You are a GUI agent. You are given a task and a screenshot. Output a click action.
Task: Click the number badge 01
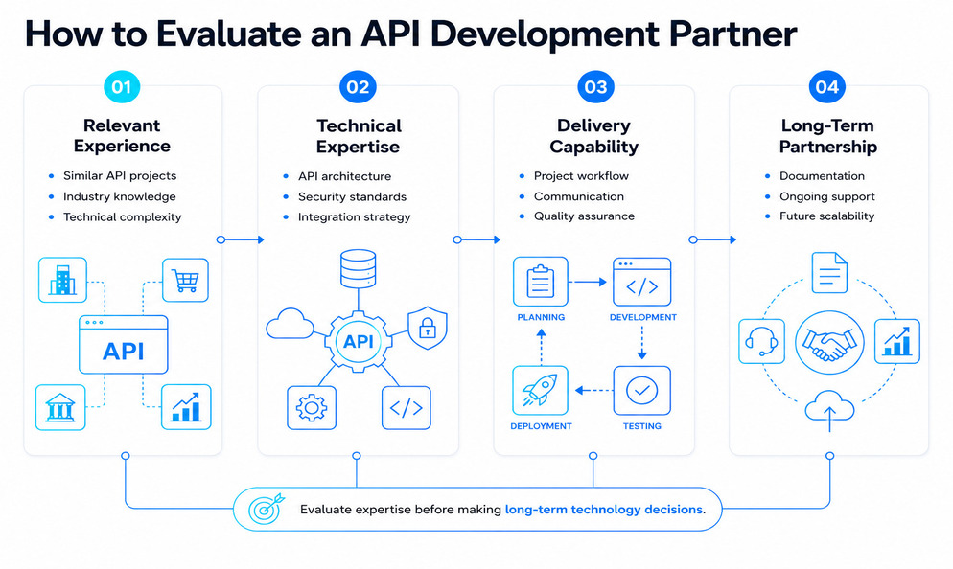(x=122, y=87)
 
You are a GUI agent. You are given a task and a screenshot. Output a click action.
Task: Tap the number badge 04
(x=827, y=87)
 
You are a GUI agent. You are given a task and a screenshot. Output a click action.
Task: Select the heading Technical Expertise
(x=359, y=136)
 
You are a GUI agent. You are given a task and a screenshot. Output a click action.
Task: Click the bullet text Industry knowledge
(x=120, y=196)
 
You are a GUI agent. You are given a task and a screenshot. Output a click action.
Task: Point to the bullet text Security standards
(x=352, y=196)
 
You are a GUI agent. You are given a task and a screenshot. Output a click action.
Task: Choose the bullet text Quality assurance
(x=584, y=216)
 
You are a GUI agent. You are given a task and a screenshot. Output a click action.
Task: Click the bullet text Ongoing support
(x=827, y=196)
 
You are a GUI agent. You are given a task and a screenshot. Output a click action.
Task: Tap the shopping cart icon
(x=185, y=280)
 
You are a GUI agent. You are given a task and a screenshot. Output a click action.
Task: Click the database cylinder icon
(x=358, y=268)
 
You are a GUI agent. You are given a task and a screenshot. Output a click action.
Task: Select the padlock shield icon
(x=428, y=328)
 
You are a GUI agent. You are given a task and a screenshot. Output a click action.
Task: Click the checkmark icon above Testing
(x=641, y=391)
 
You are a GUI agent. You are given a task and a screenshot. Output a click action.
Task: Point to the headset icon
(x=761, y=341)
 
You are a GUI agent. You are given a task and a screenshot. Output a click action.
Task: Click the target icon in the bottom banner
(x=266, y=509)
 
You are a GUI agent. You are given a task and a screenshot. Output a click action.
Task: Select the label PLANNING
(x=541, y=317)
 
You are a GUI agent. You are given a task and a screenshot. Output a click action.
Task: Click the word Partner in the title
(x=733, y=34)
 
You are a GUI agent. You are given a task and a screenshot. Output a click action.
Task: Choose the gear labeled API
(x=358, y=341)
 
